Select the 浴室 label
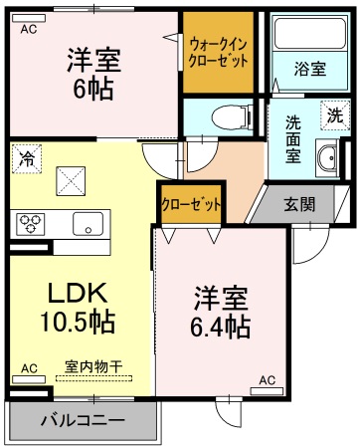(309, 69)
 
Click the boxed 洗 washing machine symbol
(336, 115)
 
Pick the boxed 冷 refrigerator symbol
(26, 157)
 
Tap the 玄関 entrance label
(299, 205)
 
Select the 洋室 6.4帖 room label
(221, 312)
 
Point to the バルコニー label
(83, 420)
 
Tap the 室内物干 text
(93, 366)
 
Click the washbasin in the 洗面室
(325, 157)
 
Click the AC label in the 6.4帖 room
(268, 380)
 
